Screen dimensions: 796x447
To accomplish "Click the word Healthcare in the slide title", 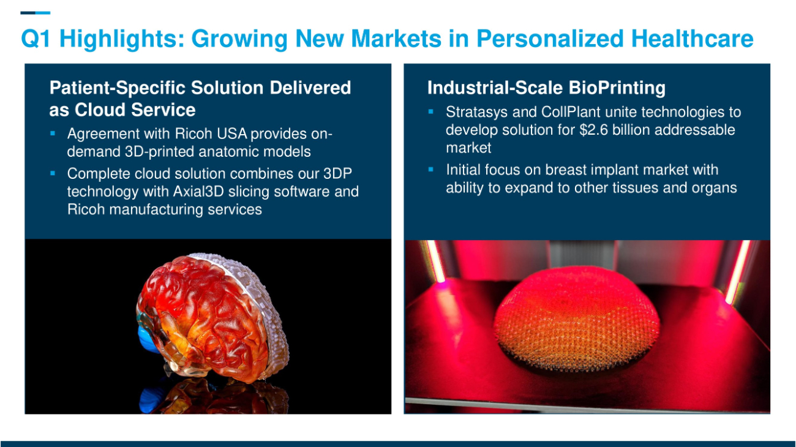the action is click(x=693, y=39).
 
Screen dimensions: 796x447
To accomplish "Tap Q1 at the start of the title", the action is click(x=36, y=39).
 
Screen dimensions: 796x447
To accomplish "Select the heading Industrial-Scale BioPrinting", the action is click(x=546, y=88).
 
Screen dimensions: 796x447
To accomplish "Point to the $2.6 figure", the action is click(x=593, y=130).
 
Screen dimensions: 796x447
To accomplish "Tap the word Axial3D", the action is click(x=198, y=192).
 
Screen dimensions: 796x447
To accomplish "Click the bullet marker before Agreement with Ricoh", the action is click(x=53, y=133).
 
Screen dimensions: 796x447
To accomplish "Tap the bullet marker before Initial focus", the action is click(x=430, y=170).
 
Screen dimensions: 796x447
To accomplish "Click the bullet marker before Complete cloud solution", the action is click(x=53, y=173).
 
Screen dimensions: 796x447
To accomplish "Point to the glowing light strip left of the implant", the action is click(x=435, y=261).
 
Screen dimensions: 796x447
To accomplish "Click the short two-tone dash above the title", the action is click(x=35, y=13).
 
